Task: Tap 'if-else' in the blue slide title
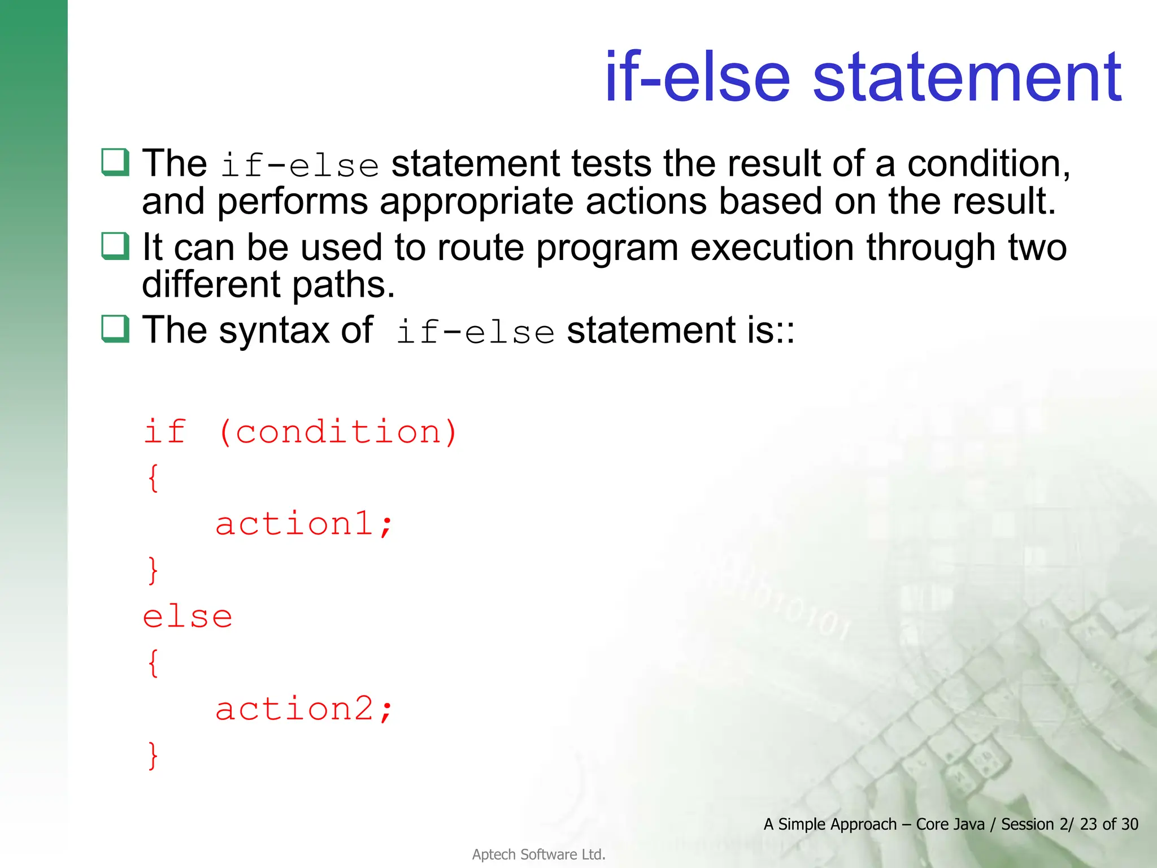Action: (697, 77)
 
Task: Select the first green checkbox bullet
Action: (115, 162)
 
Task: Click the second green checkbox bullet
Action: (115, 246)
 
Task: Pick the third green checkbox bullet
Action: (115, 329)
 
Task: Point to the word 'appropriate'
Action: (476, 202)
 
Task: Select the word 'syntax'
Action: (274, 331)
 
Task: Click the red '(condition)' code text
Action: (338, 433)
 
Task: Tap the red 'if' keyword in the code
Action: (164, 432)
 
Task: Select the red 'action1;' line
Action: (303, 524)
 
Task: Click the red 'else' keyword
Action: (188, 617)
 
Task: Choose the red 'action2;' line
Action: (303, 709)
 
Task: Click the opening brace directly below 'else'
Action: (153, 663)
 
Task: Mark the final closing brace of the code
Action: (153, 756)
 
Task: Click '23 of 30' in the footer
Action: (1108, 824)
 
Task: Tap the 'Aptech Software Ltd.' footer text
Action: (538, 854)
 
